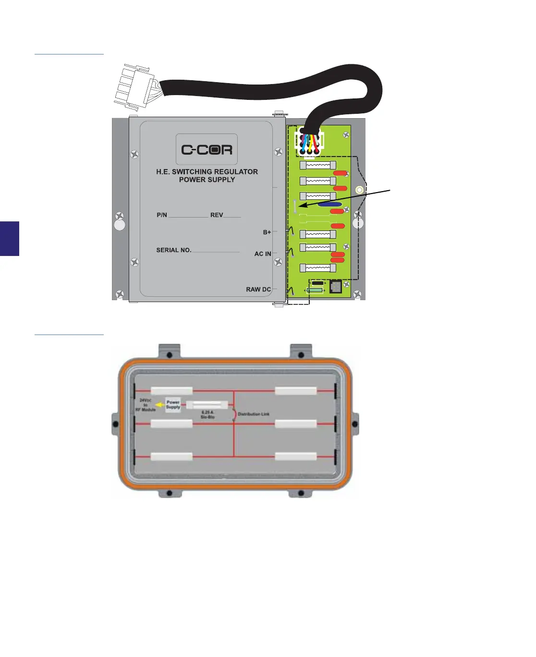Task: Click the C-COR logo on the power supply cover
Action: [x=207, y=149]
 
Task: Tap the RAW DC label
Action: [x=258, y=290]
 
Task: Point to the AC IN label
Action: [x=263, y=254]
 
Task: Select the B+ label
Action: [x=267, y=232]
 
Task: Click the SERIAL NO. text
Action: [x=174, y=250]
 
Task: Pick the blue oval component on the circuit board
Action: [x=329, y=205]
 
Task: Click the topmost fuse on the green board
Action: [x=317, y=165]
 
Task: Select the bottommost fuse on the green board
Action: [x=317, y=268]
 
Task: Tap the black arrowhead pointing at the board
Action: [x=302, y=206]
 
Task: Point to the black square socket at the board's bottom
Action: [x=335, y=287]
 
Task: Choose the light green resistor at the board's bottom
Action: [x=315, y=291]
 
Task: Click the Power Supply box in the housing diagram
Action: [x=173, y=405]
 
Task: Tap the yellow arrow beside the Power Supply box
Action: [x=160, y=405]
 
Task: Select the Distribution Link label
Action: [x=254, y=414]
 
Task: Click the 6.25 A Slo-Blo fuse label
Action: [x=207, y=414]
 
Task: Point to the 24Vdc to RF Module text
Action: [x=146, y=405]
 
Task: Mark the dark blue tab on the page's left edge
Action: [x=10, y=238]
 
